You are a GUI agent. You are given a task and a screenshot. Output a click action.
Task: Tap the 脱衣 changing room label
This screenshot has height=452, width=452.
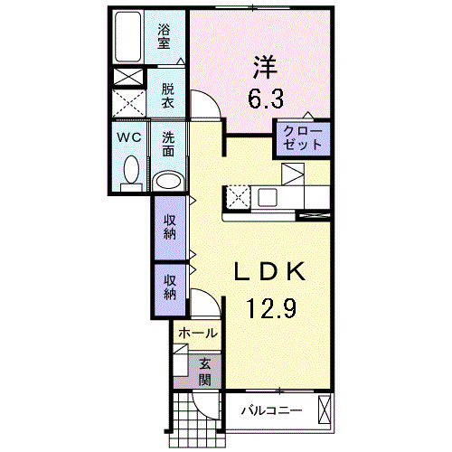(168, 96)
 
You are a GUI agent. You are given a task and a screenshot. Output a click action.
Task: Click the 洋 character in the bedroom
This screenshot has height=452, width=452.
(262, 65)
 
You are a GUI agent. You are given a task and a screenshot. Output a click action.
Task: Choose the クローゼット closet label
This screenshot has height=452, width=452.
(303, 139)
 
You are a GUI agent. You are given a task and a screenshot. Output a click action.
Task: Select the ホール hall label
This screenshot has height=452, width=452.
(196, 334)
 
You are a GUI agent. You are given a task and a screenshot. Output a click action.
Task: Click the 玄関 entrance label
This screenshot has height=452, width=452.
(205, 371)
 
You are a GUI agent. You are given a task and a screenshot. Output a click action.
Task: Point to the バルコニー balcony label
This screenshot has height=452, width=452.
(271, 411)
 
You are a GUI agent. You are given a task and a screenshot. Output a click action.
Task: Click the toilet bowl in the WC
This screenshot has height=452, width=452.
(132, 171)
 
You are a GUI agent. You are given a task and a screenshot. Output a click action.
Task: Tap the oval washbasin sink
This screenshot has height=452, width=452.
(168, 179)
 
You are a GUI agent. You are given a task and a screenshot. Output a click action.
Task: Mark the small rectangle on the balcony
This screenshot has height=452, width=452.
(325, 411)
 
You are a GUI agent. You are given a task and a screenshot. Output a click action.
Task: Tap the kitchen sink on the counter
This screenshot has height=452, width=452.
(268, 195)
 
